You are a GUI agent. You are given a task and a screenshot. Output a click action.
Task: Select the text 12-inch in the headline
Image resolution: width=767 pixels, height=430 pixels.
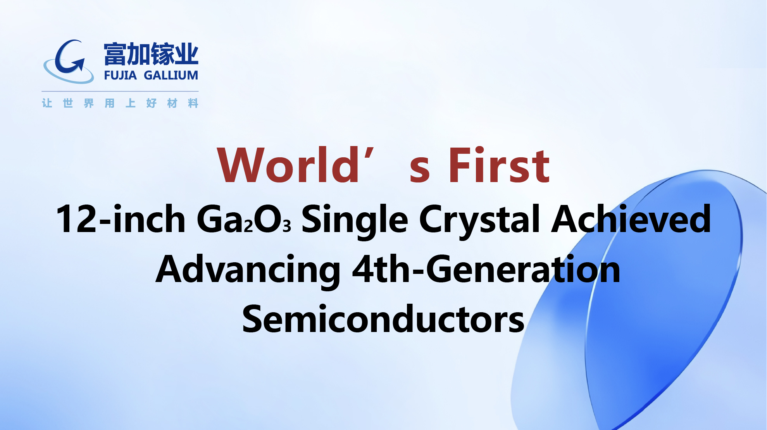121,219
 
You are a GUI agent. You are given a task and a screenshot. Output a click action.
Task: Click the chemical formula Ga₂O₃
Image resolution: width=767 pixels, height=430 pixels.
244,219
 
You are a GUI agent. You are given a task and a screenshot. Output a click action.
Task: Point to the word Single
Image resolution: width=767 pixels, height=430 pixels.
355,221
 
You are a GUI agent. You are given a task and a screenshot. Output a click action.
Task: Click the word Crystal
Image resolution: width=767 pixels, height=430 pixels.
479,221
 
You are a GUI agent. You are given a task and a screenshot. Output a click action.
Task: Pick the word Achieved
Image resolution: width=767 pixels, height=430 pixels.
631,218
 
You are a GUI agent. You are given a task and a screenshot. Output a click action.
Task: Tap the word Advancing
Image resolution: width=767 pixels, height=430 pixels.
248,270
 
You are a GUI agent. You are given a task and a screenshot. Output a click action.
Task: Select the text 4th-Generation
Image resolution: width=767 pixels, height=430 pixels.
486,269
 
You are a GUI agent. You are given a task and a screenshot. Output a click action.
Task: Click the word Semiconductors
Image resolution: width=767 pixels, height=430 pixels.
383,319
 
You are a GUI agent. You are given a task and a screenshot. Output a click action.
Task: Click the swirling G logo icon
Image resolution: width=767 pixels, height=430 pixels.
69,62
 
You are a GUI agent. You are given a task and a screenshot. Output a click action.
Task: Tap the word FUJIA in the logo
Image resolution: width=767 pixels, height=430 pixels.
120,75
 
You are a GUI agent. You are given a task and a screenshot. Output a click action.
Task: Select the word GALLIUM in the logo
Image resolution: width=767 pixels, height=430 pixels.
171,75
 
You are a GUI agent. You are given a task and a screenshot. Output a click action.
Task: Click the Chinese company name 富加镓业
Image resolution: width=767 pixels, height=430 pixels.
151,54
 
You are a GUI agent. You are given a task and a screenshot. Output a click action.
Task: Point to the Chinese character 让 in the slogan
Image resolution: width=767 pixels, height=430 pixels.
47,103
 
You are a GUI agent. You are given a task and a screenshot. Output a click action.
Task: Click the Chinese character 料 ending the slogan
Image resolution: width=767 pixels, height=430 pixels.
193,103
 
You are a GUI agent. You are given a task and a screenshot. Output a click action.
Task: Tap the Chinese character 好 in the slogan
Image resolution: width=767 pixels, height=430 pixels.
151,103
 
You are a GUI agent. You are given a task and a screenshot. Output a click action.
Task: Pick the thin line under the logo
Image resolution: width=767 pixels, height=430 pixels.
120,91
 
